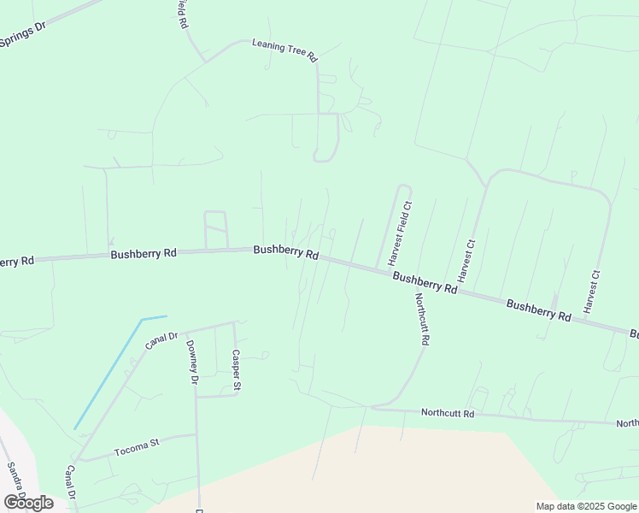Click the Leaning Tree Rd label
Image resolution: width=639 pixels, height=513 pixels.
point(284,50)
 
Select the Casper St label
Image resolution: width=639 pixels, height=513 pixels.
point(237,371)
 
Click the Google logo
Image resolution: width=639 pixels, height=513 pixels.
point(28,502)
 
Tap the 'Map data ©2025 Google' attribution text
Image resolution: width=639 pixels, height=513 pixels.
point(586,506)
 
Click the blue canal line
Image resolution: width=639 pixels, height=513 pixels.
point(107,376)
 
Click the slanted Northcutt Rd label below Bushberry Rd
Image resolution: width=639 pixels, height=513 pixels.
point(421,319)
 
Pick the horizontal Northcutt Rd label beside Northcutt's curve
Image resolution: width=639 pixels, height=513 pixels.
point(447,413)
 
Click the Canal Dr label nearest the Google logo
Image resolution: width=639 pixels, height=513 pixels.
point(71,483)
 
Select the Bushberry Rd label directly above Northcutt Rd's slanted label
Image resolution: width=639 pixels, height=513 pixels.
point(425,283)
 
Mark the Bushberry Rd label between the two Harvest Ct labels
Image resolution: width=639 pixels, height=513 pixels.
point(538,310)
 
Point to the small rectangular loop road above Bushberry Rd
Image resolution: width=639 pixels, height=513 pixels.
point(215,230)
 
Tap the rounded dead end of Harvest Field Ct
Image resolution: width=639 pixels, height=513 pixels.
point(405,188)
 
